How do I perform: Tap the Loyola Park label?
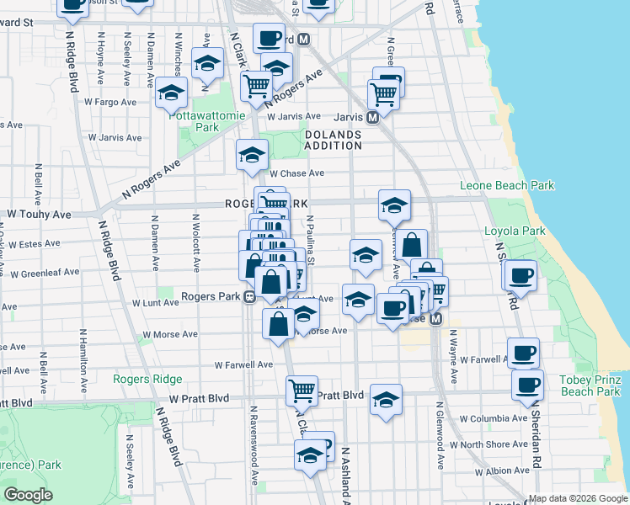coord(515,231)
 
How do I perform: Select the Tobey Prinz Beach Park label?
coord(590,385)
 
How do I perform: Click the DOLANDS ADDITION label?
coord(333,140)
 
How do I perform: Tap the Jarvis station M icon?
coord(371,118)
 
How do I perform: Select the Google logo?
coord(28,495)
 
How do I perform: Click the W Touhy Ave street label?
coord(40,215)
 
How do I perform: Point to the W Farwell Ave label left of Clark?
coord(243,364)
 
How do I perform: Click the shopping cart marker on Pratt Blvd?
coord(302,390)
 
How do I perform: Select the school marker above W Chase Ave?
coord(252,154)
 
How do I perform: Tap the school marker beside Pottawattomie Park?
coord(172,93)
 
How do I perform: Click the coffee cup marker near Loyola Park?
coord(521,274)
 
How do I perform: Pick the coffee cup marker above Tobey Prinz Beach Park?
coord(523,352)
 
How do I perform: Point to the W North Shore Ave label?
coord(489,444)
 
